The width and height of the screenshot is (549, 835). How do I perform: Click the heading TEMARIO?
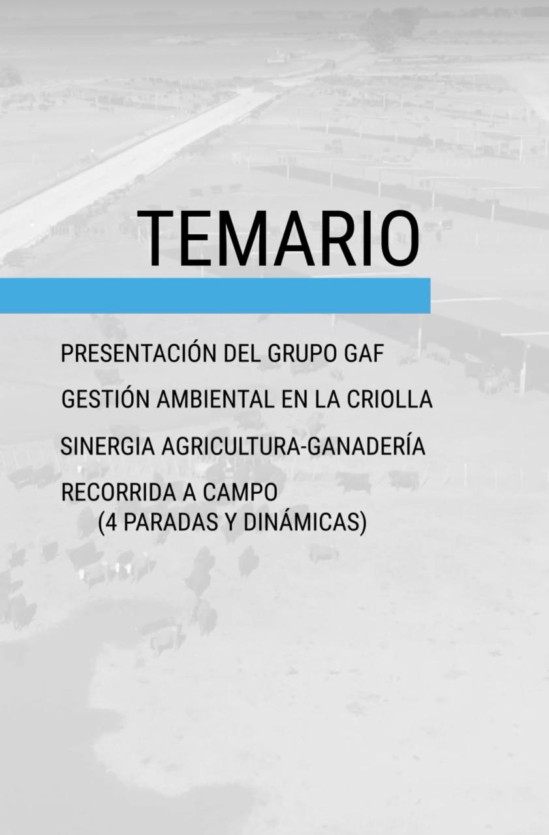pos(278,239)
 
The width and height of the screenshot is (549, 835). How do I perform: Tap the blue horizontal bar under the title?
pos(215,296)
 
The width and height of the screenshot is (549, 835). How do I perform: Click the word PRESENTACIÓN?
pos(138,354)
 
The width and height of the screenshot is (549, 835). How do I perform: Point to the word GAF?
pos(363,354)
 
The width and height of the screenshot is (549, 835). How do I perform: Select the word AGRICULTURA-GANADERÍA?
pos(293,447)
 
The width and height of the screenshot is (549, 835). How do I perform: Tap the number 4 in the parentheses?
pos(112,523)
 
